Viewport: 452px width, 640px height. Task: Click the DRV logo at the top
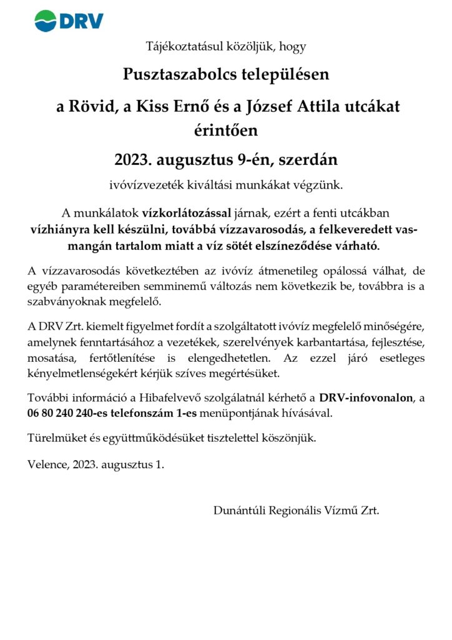[x=69, y=21]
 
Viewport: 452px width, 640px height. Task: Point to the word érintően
[x=226, y=130]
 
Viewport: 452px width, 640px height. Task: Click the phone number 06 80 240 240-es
[x=74, y=413]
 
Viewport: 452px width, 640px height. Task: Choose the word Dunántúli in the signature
[x=239, y=510]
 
